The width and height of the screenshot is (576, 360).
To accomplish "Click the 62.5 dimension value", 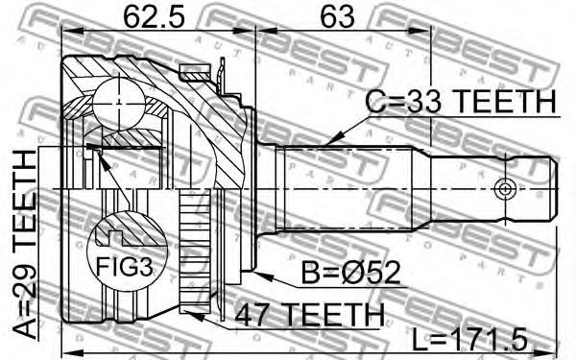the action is pos(154,17).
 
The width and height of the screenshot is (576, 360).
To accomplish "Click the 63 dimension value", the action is pos(338,17).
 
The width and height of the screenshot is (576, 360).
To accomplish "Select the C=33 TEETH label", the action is pos(462,101).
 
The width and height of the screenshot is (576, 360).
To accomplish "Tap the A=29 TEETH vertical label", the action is pos(25,246).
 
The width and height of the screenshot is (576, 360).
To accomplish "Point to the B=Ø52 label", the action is pos(350,273).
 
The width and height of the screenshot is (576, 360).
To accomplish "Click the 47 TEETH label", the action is pos(309,315).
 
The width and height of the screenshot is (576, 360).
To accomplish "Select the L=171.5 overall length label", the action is pos(469,340).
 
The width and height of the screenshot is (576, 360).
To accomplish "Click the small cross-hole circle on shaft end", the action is pos(506,189).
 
